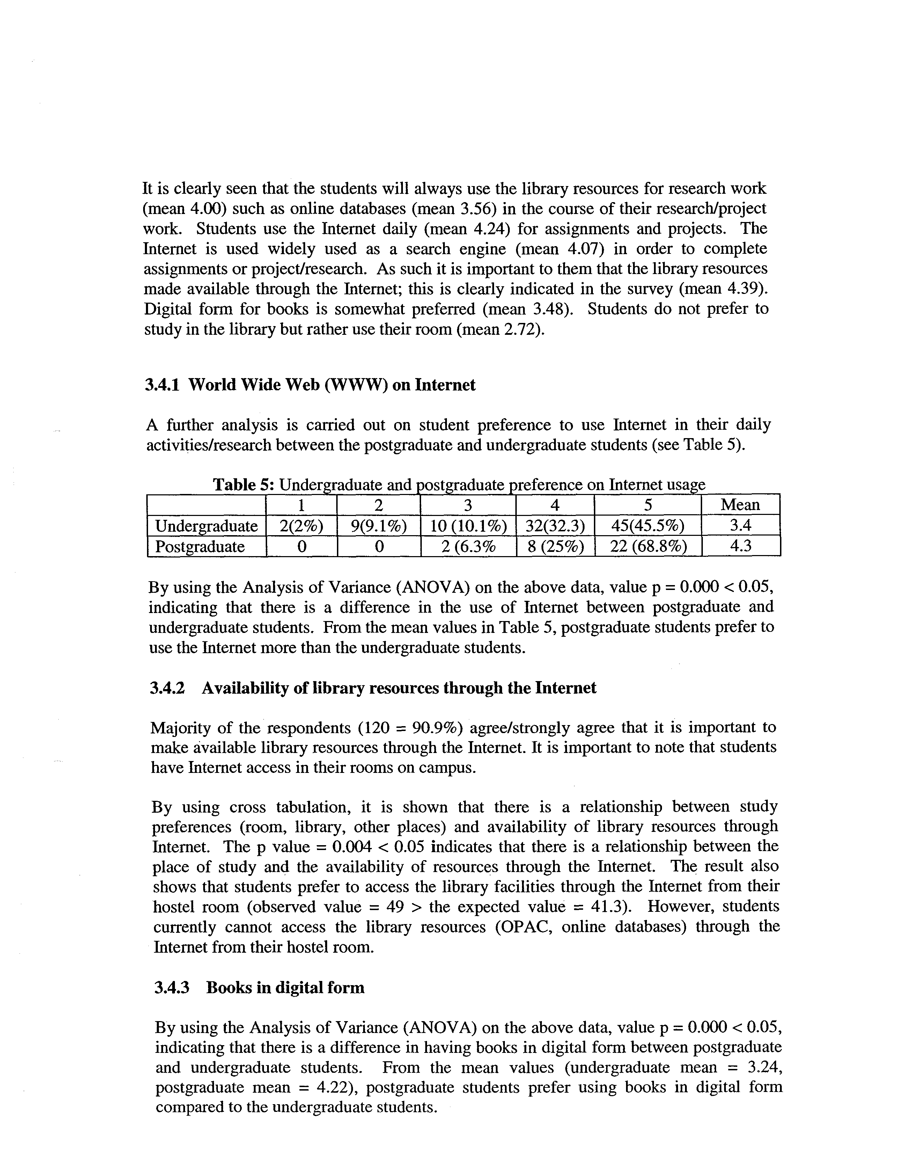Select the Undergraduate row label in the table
coord(206,526)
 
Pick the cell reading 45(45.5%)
coord(648,526)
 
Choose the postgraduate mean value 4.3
coord(741,546)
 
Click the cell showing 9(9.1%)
coord(378,526)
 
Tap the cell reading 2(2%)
coord(301,526)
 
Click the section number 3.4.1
coord(162,385)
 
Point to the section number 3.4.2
coord(167,688)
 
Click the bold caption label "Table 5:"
coord(244,485)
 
